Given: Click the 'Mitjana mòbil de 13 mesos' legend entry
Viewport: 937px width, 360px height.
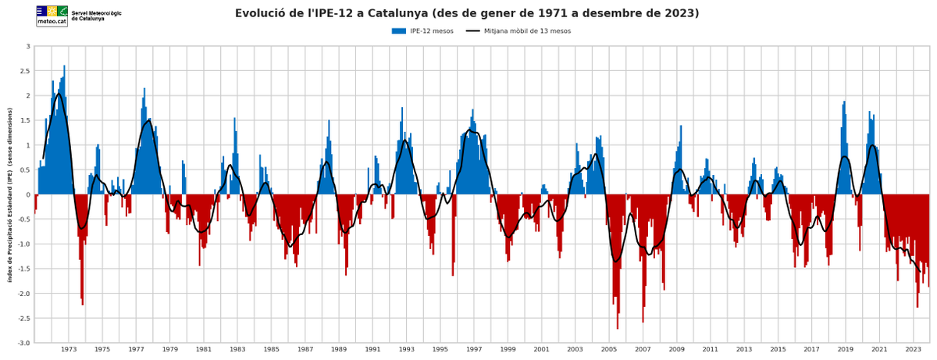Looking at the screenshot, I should tap(518, 31).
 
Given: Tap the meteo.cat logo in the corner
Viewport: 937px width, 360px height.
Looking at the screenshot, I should tap(52, 16).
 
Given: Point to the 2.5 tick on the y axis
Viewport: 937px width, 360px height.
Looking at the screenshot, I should tap(25, 71).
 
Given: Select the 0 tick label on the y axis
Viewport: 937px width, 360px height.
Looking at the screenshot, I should tap(27, 194).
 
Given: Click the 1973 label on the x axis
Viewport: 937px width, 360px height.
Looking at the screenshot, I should tap(69, 349).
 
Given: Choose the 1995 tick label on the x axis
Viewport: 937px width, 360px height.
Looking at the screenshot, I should tap(440, 349).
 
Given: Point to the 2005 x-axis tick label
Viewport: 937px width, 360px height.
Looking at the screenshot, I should tap(609, 349).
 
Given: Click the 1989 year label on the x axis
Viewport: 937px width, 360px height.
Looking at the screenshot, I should tap(339, 349).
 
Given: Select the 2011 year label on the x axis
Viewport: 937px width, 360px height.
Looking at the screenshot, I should tap(711, 349).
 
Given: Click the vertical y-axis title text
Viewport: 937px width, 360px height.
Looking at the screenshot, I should tap(10, 194).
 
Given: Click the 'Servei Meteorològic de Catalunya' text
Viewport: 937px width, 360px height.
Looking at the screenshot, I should tap(97, 16).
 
